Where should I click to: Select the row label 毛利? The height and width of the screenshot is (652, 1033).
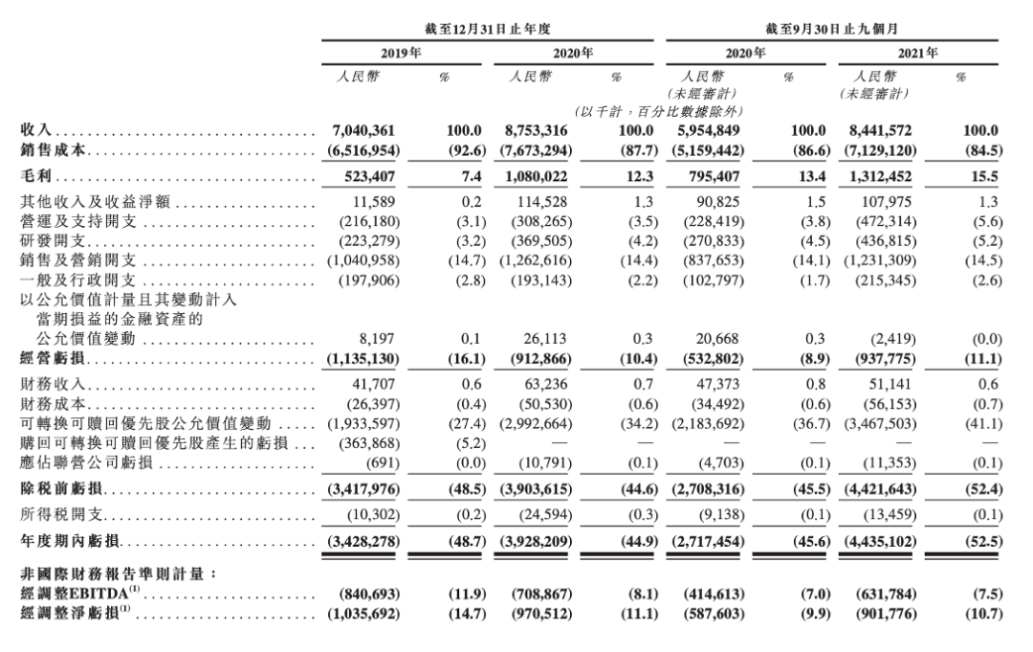tap(35, 176)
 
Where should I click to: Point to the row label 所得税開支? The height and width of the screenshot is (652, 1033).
tap(58, 513)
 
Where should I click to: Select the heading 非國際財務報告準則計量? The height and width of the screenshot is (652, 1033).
tap(119, 573)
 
